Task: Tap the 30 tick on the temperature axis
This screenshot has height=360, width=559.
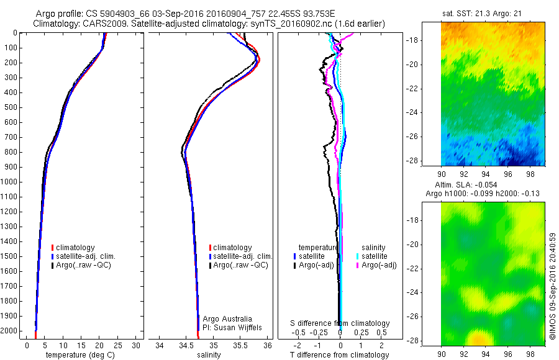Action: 137,344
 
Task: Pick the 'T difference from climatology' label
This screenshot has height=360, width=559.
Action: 340,355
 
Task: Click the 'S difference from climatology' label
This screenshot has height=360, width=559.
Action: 340,323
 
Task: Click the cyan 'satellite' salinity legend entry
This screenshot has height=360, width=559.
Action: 373,256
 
